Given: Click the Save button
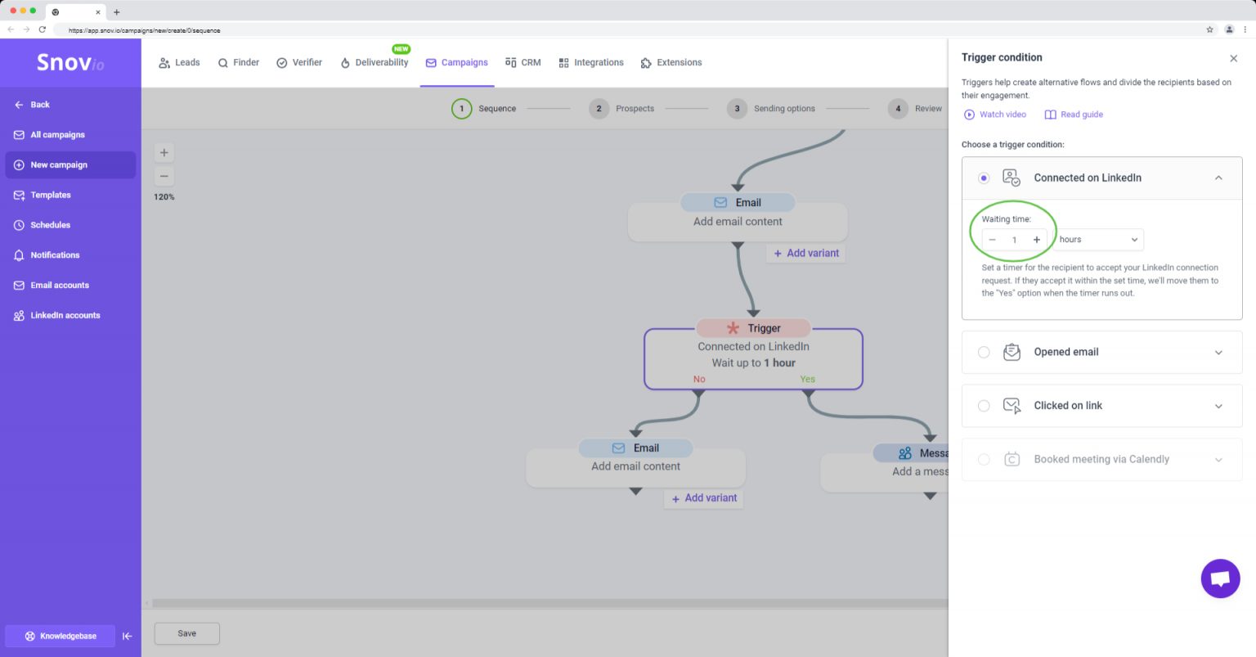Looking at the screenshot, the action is coord(186,633).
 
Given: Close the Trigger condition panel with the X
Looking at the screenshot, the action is coord(1234,58).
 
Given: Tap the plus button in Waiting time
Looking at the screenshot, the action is coord(1037,240).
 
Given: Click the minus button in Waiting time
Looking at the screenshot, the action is coord(992,240).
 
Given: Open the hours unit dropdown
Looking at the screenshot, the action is coord(1098,240).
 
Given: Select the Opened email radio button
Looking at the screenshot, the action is coord(984,353).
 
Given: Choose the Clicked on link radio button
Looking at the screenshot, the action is coord(984,406).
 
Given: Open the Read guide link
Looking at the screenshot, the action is coord(1074,115).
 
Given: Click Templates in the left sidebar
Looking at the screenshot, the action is coord(51,195).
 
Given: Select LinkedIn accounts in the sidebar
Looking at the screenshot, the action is coord(65,315).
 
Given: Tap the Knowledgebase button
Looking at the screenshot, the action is coord(61,636).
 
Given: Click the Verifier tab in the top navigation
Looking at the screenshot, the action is coord(299,62).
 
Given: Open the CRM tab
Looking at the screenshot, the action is coord(523,62).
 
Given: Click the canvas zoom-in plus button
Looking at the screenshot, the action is coord(164,153).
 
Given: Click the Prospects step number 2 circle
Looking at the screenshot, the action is coord(599,109).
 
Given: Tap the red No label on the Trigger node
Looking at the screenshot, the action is coord(699,380).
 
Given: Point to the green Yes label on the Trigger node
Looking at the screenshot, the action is coord(807,380).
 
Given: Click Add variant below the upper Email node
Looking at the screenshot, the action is coord(806,253).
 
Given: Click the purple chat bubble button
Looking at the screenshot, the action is coord(1220,578).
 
